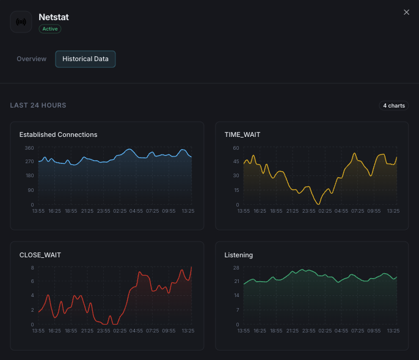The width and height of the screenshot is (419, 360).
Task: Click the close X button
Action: [407, 12]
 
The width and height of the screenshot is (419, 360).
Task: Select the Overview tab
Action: [32, 59]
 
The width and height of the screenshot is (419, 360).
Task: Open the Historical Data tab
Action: [86, 59]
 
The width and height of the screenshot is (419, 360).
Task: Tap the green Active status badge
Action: [50, 29]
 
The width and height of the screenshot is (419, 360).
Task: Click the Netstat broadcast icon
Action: [21, 22]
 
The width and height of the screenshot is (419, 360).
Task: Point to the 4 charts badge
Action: [393, 106]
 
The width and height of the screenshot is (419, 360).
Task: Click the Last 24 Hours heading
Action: [38, 106]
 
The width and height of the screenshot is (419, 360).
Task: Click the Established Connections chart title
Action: [58, 134]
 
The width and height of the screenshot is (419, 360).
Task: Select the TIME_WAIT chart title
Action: [242, 134]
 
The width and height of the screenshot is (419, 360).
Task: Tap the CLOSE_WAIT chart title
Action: [40, 255]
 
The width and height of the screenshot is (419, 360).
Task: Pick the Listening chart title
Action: [239, 255]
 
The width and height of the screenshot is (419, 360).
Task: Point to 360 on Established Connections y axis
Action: [29, 148]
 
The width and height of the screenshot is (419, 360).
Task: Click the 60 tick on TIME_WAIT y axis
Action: [236, 148]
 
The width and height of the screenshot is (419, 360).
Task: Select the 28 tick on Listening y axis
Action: [236, 268]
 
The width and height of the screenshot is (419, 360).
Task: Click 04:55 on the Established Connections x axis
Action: [136, 211]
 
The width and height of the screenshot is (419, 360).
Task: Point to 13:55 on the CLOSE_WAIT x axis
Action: [38, 331]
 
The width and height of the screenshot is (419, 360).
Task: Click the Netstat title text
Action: [53, 17]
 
